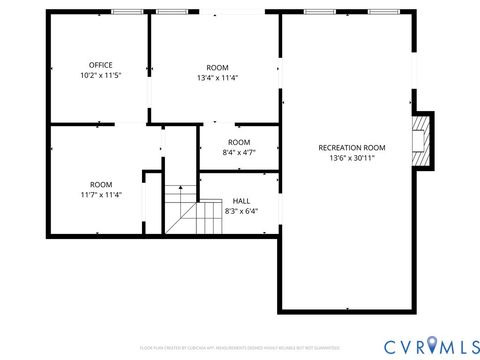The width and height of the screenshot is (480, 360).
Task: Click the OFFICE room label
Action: pyautogui.click(x=100, y=65)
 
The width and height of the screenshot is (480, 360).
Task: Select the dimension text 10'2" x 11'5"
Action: pyautogui.click(x=100, y=76)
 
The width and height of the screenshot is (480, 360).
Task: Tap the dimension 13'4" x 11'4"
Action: pyautogui.click(x=217, y=77)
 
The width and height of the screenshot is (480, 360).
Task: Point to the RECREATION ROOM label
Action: pyautogui.click(x=351, y=147)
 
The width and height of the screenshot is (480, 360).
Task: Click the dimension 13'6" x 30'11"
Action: pyautogui.click(x=351, y=158)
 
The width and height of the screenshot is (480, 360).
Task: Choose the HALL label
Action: pyautogui.click(x=241, y=200)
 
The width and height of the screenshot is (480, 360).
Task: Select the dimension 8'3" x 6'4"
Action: pyautogui.click(x=241, y=211)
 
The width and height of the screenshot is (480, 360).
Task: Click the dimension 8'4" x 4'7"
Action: pyautogui.click(x=239, y=153)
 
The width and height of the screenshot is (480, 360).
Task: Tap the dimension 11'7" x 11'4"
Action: pyautogui.click(x=101, y=195)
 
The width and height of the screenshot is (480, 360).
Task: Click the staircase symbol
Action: pyautogui.click(x=190, y=210)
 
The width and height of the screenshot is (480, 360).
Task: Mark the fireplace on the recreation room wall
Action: pyautogui.click(x=424, y=139)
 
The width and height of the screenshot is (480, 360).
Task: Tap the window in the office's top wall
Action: pyautogui.click(x=126, y=11)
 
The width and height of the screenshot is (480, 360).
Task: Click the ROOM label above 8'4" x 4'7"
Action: pyautogui.click(x=239, y=142)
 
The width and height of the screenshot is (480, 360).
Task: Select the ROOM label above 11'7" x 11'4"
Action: pyautogui.click(x=101, y=184)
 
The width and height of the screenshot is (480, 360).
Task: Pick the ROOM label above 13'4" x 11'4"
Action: pyautogui.click(x=217, y=66)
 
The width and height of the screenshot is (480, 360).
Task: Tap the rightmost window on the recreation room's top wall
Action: pyautogui.click(x=382, y=11)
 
